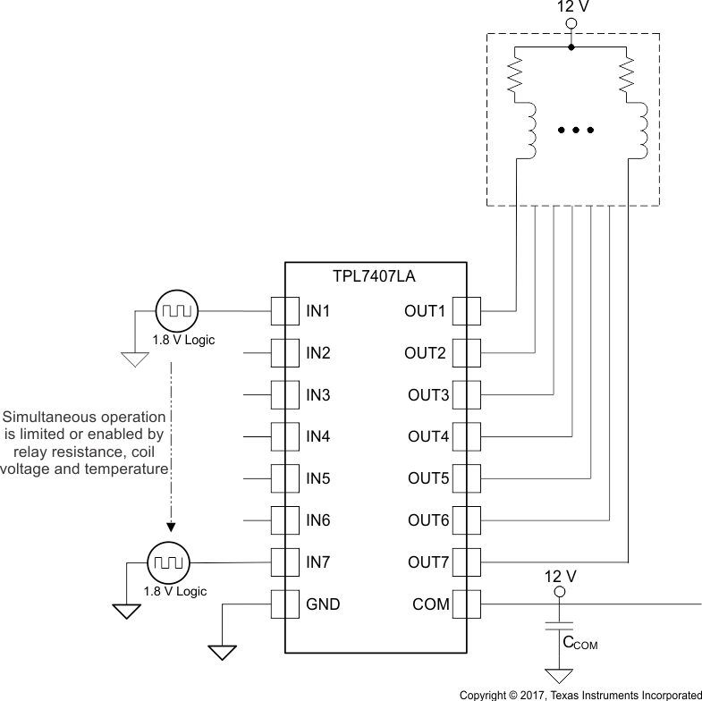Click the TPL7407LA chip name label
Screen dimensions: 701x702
point(376,277)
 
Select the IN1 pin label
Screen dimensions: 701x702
point(318,311)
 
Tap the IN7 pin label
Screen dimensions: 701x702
point(318,562)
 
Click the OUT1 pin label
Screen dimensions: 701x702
point(426,311)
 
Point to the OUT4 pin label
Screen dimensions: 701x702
point(428,436)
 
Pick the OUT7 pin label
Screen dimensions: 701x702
point(428,562)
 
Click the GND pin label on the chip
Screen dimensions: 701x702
point(323,604)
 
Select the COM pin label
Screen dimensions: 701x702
point(431,604)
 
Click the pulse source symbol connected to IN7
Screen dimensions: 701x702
point(165,562)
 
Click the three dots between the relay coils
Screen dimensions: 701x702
point(576,131)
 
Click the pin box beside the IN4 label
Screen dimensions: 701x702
point(285,436)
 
